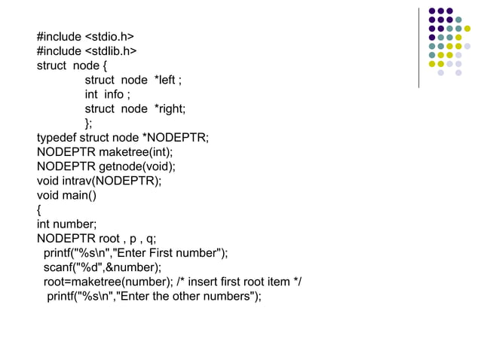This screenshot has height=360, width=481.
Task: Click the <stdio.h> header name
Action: click(x=109, y=37)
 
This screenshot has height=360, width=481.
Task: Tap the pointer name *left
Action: click(x=166, y=80)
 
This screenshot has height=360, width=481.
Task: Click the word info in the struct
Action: click(x=115, y=94)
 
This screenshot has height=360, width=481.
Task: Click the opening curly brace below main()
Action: click(x=39, y=209)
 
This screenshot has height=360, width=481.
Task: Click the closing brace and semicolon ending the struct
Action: click(x=89, y=123)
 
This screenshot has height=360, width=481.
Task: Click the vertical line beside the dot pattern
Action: click(x=418, y=47)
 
